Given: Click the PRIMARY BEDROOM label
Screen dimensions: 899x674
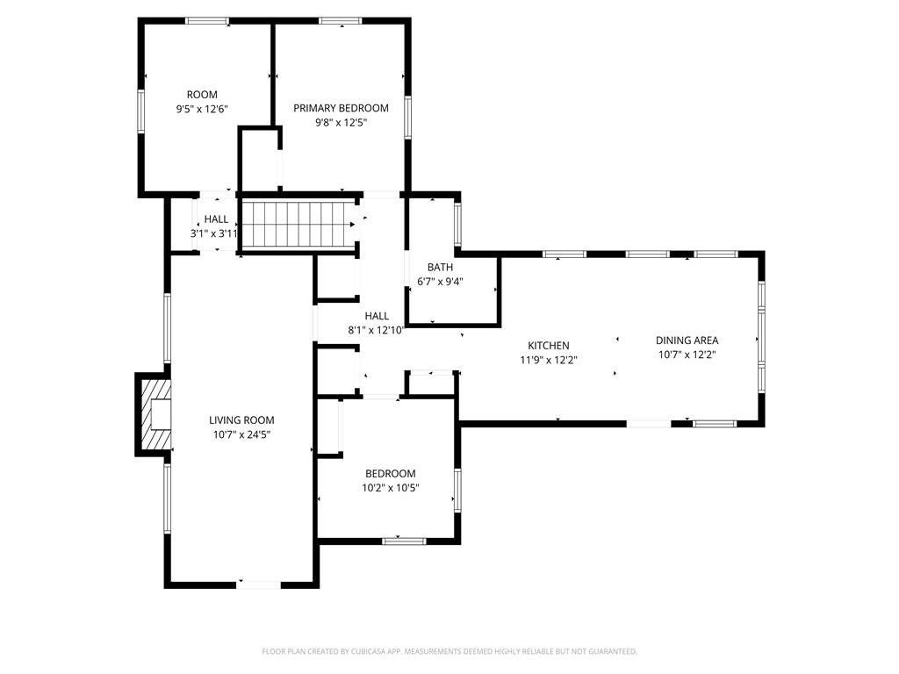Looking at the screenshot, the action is coord(341,108).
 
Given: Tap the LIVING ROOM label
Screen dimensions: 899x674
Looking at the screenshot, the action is coord(241,420).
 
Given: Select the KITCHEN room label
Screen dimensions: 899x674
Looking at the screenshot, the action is coord(549,346).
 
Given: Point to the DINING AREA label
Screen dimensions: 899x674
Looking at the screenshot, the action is coord(687,341).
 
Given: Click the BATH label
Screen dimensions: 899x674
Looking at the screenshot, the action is coord(441,267).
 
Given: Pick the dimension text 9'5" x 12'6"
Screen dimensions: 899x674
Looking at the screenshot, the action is coord(203,109).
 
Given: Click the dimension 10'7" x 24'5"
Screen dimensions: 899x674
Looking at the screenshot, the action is coord(241,435).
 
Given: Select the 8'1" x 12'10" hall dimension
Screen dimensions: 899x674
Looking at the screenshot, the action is coord(377,330).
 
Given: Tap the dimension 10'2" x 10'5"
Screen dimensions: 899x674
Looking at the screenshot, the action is coord(391,488).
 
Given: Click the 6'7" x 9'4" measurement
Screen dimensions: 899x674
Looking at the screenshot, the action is coord(441,282).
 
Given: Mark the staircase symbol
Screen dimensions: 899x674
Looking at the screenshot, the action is coord(298,225).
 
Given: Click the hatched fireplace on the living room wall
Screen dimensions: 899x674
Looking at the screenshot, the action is coord(154,414).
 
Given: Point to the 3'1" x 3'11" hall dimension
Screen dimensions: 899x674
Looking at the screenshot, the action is coord(214,233).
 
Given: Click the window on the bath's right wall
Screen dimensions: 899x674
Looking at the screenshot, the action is coord(457,225).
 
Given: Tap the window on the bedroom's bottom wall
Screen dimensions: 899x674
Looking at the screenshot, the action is coord(404,541).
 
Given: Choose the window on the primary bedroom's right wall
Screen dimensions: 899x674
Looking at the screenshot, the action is coord(407,118).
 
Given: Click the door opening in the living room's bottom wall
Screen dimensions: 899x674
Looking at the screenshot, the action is coord(259,584).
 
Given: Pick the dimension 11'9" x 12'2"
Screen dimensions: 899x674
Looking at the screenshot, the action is coord(549,361).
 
